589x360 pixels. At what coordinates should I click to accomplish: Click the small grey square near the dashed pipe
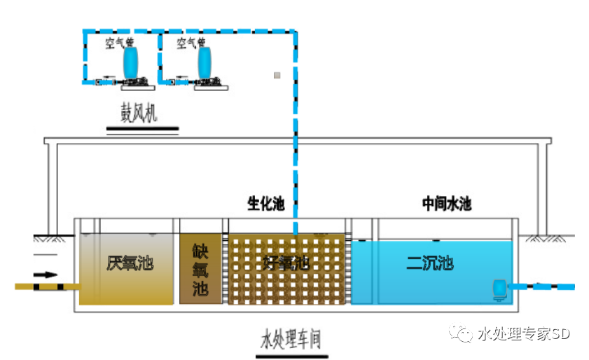277,75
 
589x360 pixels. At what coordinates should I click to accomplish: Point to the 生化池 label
265,205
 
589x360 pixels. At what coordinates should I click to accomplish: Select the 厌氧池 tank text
130,263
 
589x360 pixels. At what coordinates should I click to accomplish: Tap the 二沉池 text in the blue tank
430,263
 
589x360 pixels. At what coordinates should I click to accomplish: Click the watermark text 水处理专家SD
524,334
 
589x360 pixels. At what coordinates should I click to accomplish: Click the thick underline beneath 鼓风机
143,129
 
